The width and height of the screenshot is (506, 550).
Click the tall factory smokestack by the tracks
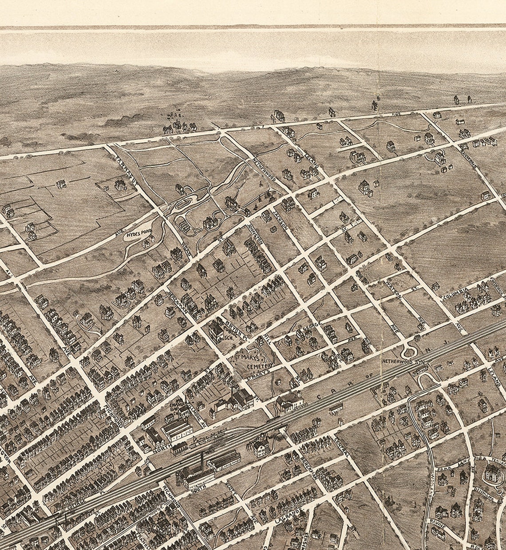202,461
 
